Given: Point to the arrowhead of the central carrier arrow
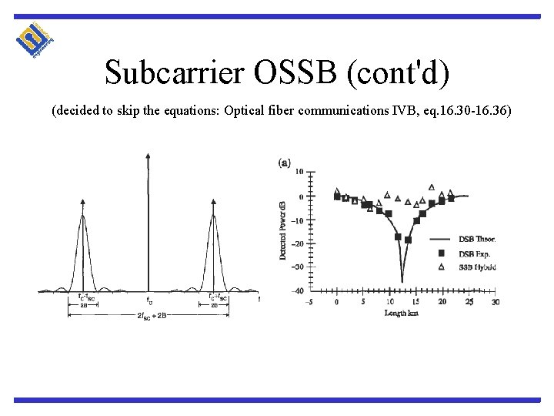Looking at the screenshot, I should [x=148, y=158].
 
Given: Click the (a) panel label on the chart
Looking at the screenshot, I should [x=284, y=162].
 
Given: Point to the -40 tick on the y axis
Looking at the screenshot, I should [x=296, y=290].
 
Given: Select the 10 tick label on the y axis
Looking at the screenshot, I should [x=299, y=172].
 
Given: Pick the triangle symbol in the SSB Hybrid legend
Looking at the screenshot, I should [x=442, y=267].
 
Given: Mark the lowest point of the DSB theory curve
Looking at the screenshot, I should [x=402, y=281].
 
